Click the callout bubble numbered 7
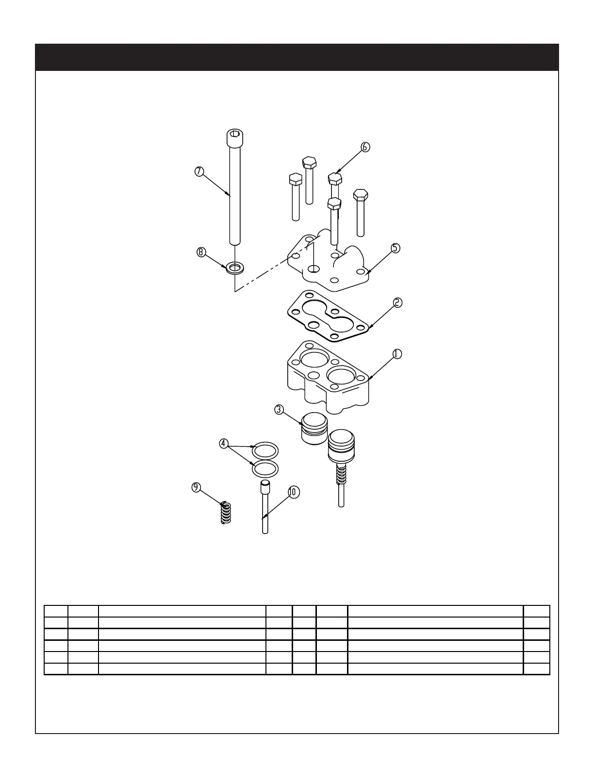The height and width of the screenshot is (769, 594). pyautogui.click(x=198, y=171)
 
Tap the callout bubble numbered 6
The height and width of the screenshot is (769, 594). pyautogui.click(x=365, y=147)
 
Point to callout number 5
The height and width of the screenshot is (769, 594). pyautogui.click(x=396, y=248)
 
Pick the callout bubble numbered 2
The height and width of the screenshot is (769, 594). pyautogui.click(x=397, y=302)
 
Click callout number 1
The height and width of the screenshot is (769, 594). pyautogui.click(x=397, y=354)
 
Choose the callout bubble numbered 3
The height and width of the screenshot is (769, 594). pyautogui.click(x=279, y=409)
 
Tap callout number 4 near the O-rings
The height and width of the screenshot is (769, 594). pyautogui.click(x=223, y=443)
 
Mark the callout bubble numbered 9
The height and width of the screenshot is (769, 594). pyautogui.click(x=196, y=487)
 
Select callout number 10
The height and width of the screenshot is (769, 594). pyautogui.click(x=293, y=492)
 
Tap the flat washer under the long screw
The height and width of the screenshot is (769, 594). pyautogui.click(x=235, y=267)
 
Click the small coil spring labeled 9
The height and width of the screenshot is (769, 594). pyautogui.click(x=225, y=513)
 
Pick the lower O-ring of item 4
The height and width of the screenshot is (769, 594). pyautogui.click(x=265, y=469)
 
